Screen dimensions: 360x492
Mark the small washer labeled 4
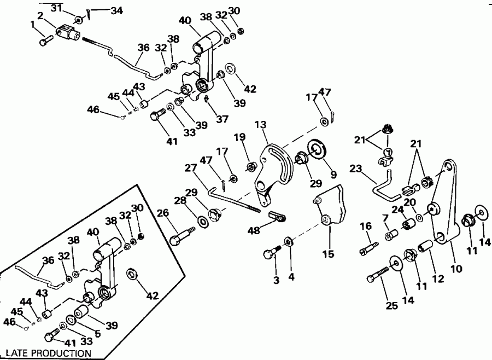tap(288, 241)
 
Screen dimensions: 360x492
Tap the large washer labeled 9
tap(317, 148)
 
